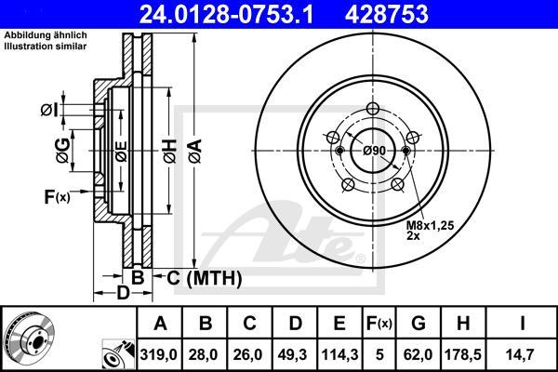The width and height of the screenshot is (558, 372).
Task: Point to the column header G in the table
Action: (418, 324)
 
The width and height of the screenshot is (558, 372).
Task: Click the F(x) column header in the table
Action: (379, 324)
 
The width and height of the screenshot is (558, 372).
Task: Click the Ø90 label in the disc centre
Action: (373, 151)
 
